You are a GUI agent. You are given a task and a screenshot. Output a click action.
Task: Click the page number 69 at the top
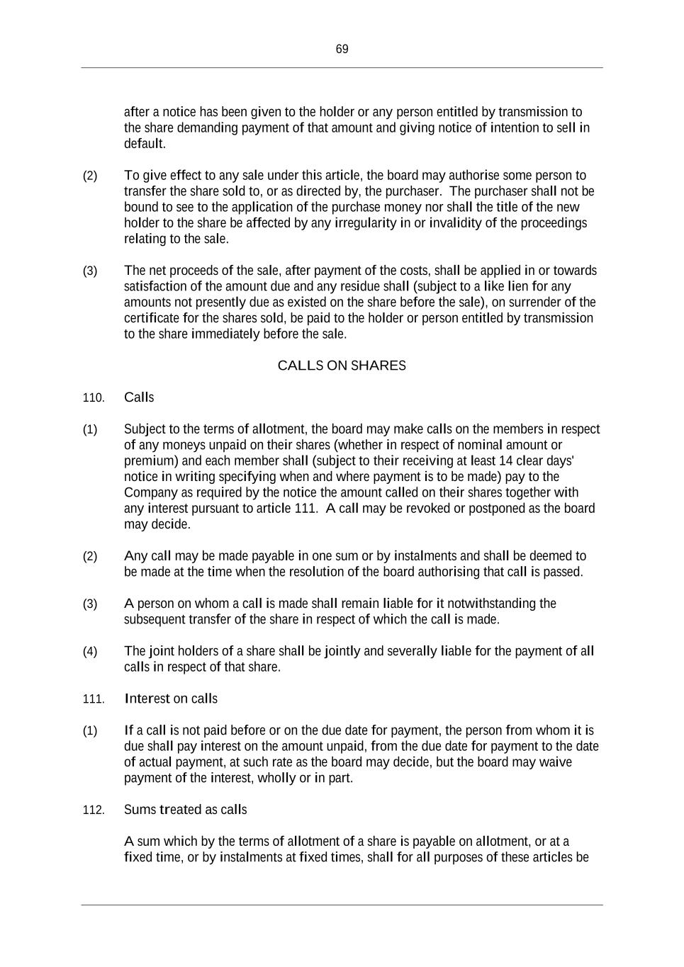pos(342,49)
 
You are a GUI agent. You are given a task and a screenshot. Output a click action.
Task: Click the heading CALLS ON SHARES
pos(342,366)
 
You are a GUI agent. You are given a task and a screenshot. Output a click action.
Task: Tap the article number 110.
pos(94,398)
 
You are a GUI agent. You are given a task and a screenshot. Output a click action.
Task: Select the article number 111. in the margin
pos(94,699)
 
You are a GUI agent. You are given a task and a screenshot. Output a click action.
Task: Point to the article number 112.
pos(94,810)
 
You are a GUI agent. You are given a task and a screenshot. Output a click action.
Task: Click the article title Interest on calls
pos(171,699)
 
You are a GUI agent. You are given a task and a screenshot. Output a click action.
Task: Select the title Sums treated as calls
pos(185,810)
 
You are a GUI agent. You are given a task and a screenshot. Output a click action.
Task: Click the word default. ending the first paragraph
pos(145,144)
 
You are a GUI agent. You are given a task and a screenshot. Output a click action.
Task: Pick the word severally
pos(410,651)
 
